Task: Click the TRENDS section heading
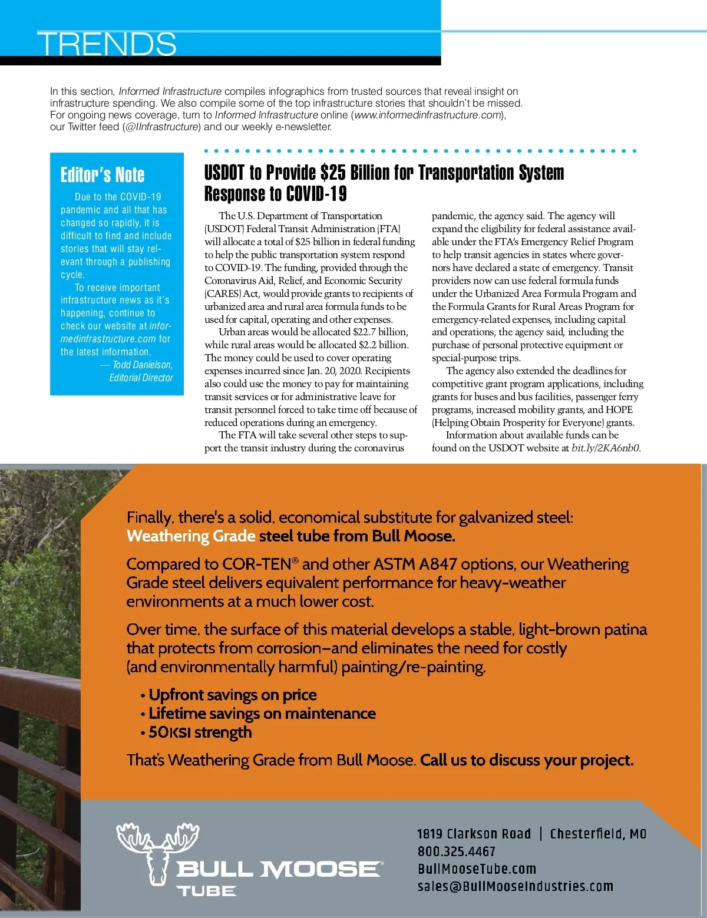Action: tap(107, 44)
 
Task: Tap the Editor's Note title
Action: tap(103, 174)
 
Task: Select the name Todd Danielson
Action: tap(142, 365)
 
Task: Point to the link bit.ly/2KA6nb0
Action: tap(605, 448)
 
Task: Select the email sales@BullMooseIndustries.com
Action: tap(516, 886)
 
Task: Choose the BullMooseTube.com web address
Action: tap(477, 869)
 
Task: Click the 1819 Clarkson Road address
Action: tap(474, 834)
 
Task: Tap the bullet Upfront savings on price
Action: tap(232, 695)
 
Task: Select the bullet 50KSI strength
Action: tap(200, 732)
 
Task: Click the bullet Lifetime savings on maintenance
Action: tap(262, 714)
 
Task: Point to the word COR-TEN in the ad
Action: tap(257, 564)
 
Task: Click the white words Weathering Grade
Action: tap(191, 536)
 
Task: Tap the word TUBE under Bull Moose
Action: tap(206, 891)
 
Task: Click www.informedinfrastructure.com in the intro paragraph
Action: tap(428, 115)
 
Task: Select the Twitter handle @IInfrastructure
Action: tap(161, 127)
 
